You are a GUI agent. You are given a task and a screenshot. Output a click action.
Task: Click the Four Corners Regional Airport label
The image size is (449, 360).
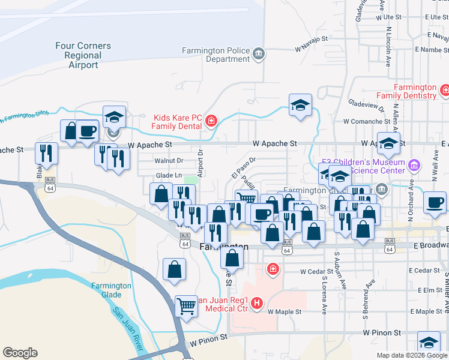click(x=83, y=55)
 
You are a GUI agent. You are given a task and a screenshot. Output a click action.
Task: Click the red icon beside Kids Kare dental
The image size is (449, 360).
click(x=211, y=122)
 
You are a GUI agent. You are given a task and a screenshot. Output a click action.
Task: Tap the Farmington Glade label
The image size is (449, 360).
click(x=111, y=290)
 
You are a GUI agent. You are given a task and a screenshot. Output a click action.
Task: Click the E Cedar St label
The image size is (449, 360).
click(x=427, y=271)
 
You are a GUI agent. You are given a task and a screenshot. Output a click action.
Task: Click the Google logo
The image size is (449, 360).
click(x=20, y=353)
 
